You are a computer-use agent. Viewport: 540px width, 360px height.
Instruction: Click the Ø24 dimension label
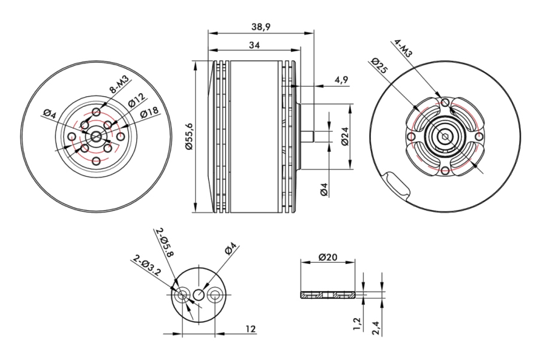tap(344, 139)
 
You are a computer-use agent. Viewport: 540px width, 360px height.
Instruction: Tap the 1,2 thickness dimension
tap(358, 324)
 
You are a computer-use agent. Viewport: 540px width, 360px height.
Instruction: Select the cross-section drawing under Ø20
tap(329, 295)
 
